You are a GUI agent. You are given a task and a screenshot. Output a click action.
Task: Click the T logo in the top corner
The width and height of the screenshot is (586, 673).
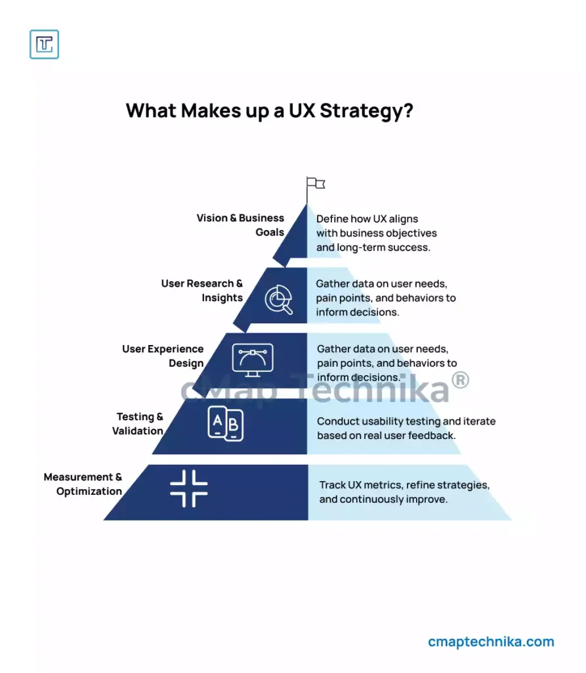pyautogui.click(x=44, y=44)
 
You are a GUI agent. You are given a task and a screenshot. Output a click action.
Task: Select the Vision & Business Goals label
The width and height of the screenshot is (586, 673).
pyautogui.click(x=240, y=225)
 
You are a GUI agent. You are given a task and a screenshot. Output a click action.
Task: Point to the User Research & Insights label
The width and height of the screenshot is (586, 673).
pyautogui.click(x=202, y=290)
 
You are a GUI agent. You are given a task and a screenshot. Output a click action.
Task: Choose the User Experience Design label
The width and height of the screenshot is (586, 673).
pyautogui.click(x=163, y=356)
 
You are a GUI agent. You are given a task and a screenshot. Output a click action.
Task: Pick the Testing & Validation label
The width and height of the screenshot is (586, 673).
pyautogui.click(x=138, y=424)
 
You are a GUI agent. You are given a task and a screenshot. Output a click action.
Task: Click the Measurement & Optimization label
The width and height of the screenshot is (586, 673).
pyautogui.click(x=83, y=484)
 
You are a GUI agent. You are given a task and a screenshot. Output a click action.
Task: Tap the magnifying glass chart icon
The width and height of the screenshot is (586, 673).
pyautogui.click(x=279, y=299)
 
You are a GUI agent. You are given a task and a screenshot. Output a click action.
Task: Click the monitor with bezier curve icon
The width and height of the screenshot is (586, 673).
pyautogui.click(x=253, y=360)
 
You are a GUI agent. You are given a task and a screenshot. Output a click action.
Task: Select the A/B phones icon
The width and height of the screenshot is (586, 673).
pyautogui.click(x=226, y=424)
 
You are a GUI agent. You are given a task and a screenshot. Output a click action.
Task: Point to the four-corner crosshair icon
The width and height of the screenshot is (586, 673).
pyautogui.click(x=188, y=488)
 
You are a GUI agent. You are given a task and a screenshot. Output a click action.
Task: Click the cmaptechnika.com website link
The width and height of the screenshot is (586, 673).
pyautogui.click(x=491, y=641)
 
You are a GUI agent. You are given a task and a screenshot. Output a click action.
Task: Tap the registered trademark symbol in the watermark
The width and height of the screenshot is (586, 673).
pyautogui.click(x=460, y=380)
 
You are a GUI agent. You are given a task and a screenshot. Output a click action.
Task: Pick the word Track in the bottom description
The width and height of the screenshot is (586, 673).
pyautogui.click(x=332, y=485)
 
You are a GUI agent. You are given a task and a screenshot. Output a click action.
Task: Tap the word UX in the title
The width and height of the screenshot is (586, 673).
pyautogui.click(x=302, y=110)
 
